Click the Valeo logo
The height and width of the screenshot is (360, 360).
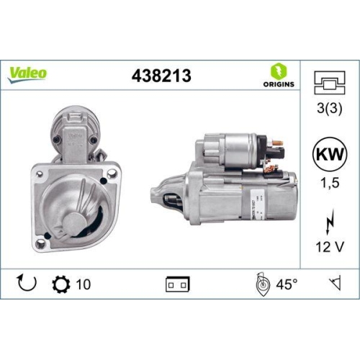[x=28, y=72]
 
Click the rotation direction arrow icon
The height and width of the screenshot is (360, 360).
[x=26, y=284]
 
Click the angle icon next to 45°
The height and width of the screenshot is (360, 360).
[x=262, y=284]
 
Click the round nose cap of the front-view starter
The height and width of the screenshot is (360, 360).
[x=78, y=220]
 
